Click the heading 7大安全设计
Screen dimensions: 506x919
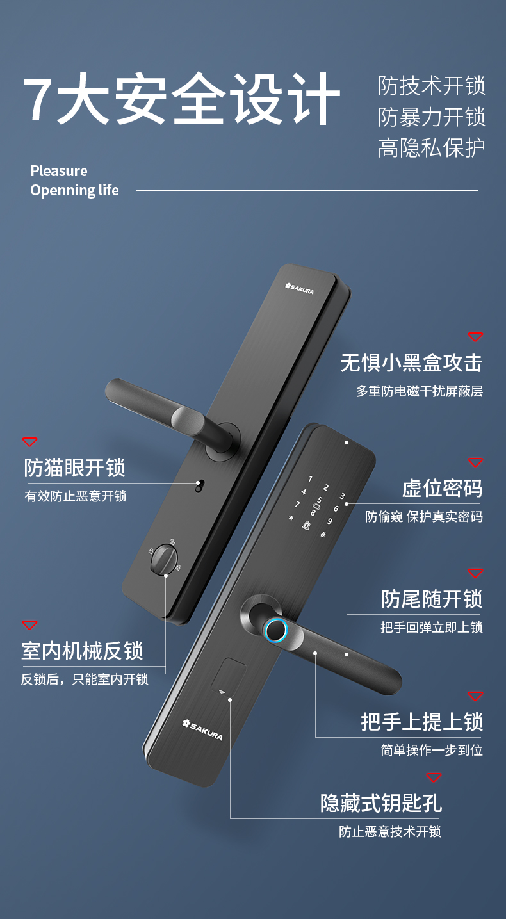click(181, 99)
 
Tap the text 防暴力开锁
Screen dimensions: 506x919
click(431, 117)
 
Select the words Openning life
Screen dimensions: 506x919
click(74, 190)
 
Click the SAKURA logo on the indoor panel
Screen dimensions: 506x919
click(300, 288)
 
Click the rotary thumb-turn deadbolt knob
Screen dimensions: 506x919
click(164, 560)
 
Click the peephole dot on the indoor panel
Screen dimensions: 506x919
click(199, 486)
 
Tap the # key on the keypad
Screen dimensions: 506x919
click(323, 535)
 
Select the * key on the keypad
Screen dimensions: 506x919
click(291, 518)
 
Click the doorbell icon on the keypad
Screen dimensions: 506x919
click(306, 525)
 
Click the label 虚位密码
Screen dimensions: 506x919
click(442, 488)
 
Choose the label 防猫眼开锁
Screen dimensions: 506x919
click(74, 468)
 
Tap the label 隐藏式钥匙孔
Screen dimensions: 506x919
click(381, 803)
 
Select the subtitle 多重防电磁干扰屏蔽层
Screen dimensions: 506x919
click(419, 391)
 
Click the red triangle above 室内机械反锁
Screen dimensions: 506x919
click(29, 625)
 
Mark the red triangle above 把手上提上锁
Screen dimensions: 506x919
click(475, 696)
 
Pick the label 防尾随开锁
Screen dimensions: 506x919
click(432, 599)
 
